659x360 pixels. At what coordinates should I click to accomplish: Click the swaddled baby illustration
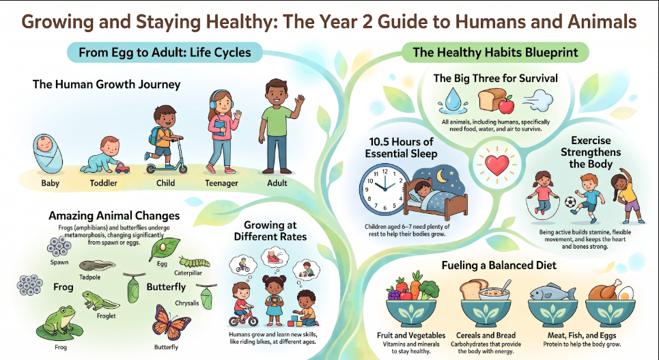click(x=48, y=154)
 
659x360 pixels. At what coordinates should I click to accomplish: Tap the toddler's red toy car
click(x=122, y=168)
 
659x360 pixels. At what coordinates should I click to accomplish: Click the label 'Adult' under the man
click(x=277, y=183)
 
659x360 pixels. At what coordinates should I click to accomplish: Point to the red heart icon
click(x=496, y=165)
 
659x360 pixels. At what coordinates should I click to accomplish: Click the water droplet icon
click(x=452, y=100)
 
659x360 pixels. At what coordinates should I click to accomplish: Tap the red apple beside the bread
click(x=507, y=105)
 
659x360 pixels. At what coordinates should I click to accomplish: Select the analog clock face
click(x=384, y=189)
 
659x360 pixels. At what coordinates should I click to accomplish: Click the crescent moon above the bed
click(x=442, y=176)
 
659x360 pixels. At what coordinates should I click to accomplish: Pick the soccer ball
click(x=570, y=202)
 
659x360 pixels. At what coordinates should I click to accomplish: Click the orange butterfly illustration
click(x=171, y=322)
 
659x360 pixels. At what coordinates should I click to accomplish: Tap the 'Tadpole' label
click(x=90, y=277)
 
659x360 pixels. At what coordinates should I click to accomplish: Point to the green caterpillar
click(x=194, y=262)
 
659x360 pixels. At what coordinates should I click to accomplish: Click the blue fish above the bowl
click(x=552, y=292)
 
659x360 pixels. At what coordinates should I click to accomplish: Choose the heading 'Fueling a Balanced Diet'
click(x=499, y=265)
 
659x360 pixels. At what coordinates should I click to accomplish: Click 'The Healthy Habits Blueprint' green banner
click(x=496, y=52)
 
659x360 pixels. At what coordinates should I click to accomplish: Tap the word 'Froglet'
click(x=106, y=316)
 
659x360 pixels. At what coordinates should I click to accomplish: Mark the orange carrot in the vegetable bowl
click(x=416, y=285)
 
